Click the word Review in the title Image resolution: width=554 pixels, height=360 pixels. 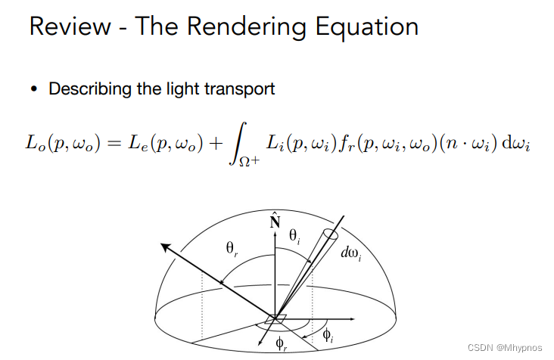[x=69, y=27]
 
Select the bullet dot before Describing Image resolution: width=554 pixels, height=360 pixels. [x=34, y=89]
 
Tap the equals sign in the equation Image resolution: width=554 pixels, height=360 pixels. [x=129, y=144]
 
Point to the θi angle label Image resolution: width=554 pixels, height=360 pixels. [x=295, y=237]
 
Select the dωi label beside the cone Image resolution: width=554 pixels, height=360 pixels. [x=350, y=254]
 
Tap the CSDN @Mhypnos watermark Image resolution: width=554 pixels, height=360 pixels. [x=505, y=347]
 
